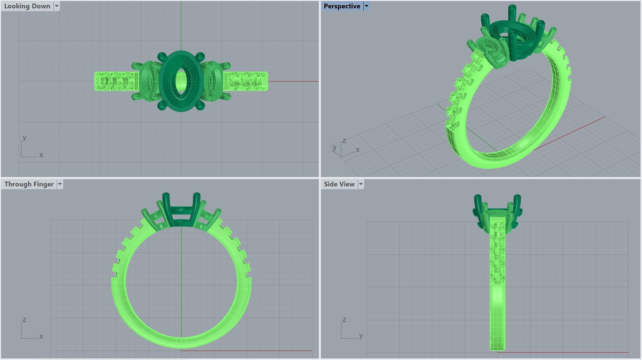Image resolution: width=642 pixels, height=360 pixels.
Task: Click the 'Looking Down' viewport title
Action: pos(27,6)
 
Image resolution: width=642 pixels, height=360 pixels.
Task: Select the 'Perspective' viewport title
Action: pos(342,6)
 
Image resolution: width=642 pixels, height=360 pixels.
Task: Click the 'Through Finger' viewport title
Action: pos(29,184)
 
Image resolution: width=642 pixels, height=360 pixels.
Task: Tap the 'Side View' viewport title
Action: pos(339,184)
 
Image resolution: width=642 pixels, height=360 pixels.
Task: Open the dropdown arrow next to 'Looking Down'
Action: pos(57,6)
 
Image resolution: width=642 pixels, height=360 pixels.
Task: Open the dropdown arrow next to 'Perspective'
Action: pos(367,6)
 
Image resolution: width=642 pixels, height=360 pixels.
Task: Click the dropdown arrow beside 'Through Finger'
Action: pos(60,184)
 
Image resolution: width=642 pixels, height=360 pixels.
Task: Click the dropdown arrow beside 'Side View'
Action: pos(361,184)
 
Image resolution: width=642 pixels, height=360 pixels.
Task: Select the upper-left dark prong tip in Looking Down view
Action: pos(162,57)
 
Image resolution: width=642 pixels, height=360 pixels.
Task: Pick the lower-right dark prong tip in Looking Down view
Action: pos(200,106)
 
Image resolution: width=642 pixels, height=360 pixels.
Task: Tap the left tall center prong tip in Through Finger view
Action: pos(166,195)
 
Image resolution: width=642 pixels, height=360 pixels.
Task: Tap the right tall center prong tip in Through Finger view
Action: pos(196,195)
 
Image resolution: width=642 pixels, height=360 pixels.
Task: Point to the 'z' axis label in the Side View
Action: pos(344,320)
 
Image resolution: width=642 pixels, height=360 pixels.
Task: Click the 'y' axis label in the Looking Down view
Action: pos(25,137)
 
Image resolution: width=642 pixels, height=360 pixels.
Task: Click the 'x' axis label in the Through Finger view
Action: pos(41,336)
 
